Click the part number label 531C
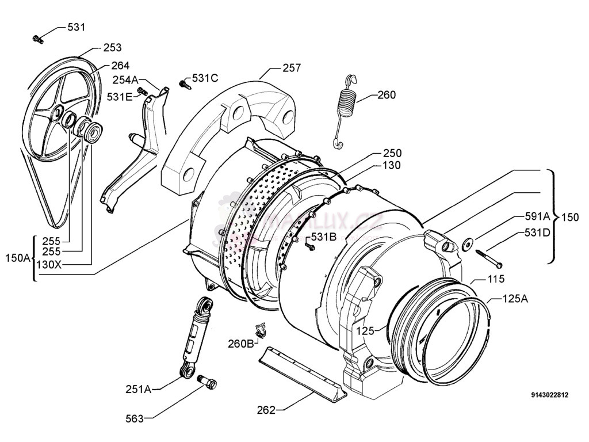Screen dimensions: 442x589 coord(205,78)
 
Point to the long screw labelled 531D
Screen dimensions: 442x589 coord(488,257)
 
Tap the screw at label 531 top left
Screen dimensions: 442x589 coord(39,40)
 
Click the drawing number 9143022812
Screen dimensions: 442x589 coord(550,395)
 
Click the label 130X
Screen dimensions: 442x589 coord(49,264)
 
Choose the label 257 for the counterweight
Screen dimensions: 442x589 coord(291,68)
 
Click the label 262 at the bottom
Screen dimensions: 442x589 coord(266,410)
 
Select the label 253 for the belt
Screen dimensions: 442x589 coord(112,48)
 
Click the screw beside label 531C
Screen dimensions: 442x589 coord(185,84)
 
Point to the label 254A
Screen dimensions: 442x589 coord(125,79)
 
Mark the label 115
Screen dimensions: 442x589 coord(496,279)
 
